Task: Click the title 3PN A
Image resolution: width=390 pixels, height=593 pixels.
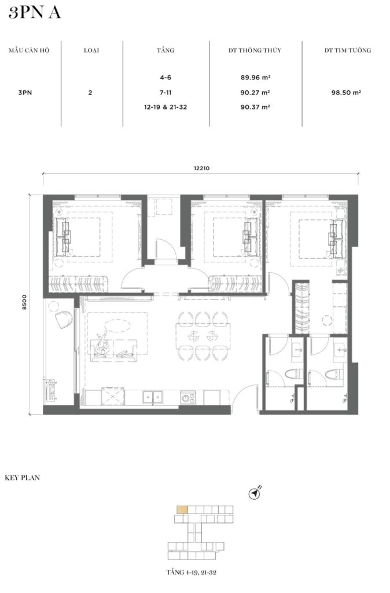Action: (x=34, y=13)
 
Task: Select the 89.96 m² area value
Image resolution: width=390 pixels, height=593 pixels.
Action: (x=255, y=78)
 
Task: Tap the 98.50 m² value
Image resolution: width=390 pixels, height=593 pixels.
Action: (x=346, y=92)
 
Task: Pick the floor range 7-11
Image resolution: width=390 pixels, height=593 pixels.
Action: (x=165, y=92)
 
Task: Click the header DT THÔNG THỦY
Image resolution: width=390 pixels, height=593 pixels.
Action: (x=255, y=50)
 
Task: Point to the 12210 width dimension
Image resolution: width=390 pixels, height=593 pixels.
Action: (x=201, y=169)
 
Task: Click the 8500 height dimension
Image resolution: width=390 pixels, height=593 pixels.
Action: (x=25, y=302)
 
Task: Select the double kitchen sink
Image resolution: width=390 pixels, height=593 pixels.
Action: (x=153, y=397)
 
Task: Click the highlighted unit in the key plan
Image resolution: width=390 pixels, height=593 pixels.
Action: (x=182, y=510)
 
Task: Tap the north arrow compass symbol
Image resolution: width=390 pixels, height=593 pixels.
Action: (x=255, y=493)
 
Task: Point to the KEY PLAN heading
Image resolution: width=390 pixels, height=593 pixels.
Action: (x=23, y=478)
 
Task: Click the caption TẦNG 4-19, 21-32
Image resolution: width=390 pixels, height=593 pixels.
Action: (x=191, y=572)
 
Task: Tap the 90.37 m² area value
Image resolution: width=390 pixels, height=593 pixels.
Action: (x=255, y=107)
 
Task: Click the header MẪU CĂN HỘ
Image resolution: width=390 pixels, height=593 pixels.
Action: (x=29, y=50)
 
